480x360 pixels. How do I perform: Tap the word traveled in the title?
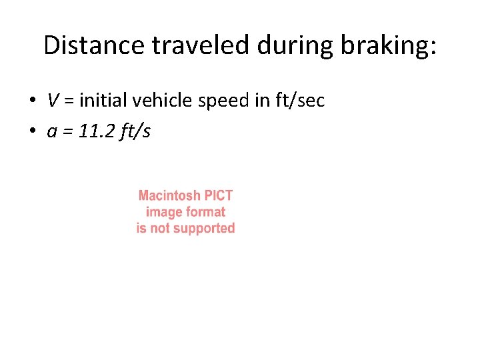193,45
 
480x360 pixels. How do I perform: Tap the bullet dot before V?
31,101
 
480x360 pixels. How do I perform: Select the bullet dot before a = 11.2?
31,132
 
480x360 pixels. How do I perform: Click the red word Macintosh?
169,196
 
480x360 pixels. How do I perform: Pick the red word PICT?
218,196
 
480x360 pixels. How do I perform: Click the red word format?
205,212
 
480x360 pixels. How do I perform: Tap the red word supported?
203,228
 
